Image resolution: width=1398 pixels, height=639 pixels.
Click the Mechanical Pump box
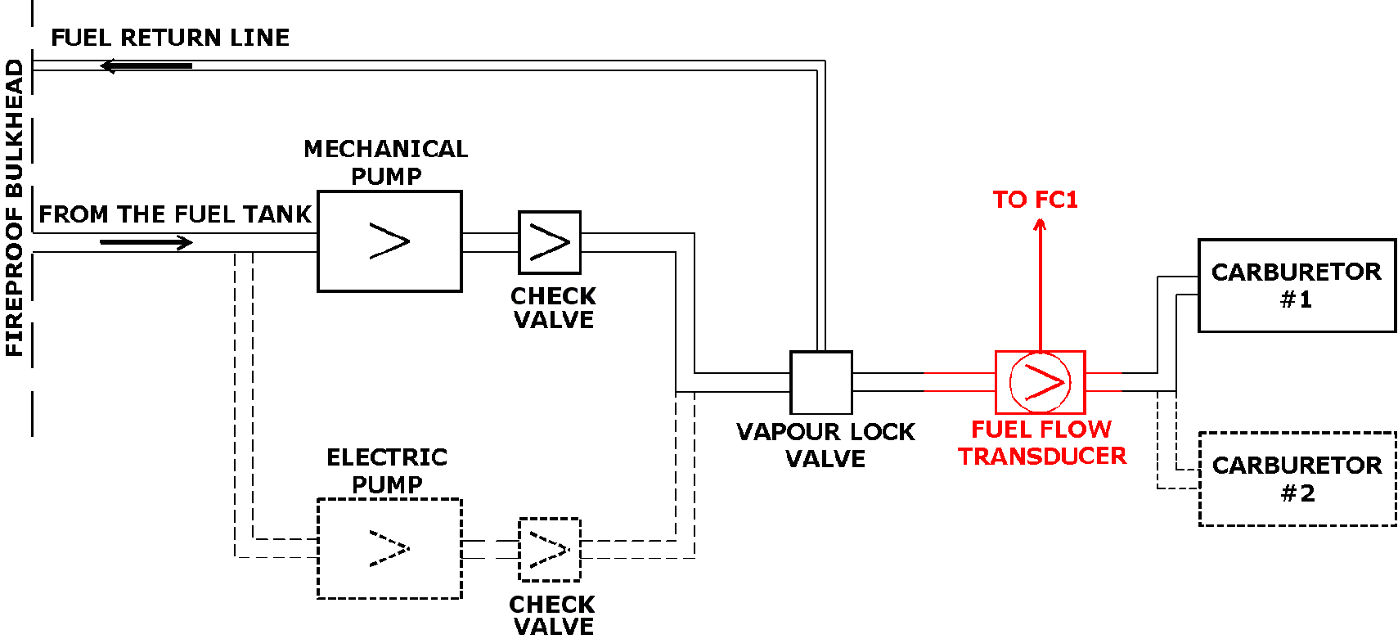click(x=389, y=241)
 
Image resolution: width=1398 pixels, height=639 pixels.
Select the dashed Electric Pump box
click(x=389, y=548)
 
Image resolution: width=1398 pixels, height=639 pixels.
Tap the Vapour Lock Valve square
click(x=820, y=382)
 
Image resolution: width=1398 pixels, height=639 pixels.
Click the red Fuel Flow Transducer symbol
click(x=1040, y=382)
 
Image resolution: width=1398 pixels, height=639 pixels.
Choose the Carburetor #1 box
click(x=1297, y=286)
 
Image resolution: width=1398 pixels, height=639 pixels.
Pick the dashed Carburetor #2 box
click(x=1297, y=479)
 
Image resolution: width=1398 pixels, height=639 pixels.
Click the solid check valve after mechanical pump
click(x=550, y=242)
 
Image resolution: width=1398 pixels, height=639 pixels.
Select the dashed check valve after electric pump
click(x=550, y=549)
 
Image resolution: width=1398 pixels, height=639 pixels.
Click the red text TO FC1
click(x=1035, y=200)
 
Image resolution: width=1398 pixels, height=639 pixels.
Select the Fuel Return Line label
click(x=170, y=38)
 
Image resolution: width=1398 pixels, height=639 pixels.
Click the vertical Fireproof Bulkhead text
click(x=14, y=209)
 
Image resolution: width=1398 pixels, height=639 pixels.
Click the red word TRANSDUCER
click(x=1042, y=456)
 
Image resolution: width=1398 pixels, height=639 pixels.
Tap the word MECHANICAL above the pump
click(x=385, y=149)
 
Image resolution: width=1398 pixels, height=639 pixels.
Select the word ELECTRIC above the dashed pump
click(x=387, y=457)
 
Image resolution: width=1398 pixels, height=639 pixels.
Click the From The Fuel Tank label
click(x=175, y=214)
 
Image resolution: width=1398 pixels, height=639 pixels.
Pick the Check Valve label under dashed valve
click(x=552, y=615)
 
